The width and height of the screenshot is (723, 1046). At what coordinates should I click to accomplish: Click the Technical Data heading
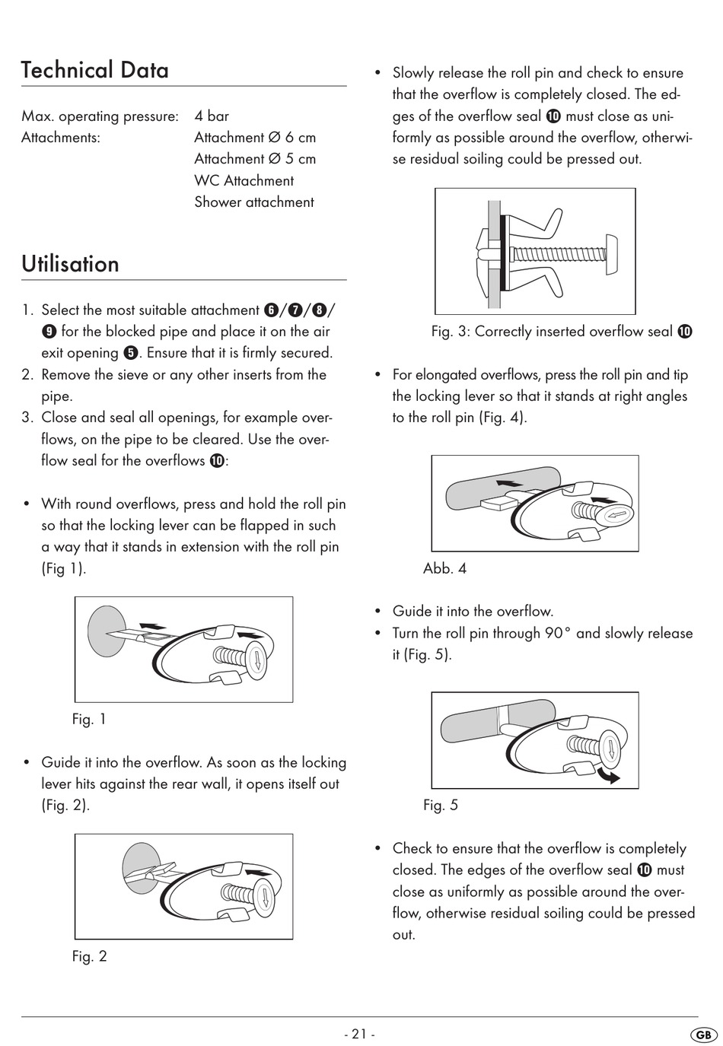pos(95,70)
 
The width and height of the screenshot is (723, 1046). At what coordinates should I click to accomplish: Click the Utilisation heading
pos(71,264)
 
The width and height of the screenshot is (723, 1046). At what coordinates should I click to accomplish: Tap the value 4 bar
pos(212,116)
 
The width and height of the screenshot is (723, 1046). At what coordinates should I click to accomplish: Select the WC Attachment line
pos(244,181)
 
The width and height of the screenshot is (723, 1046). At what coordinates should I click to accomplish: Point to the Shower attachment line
pos(253,202)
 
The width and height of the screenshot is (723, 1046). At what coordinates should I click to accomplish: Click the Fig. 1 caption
pos(89,719)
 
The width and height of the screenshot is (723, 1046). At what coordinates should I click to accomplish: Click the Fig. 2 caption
pos(89,956)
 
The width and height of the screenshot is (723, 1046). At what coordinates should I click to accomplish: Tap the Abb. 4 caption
pos(444,568)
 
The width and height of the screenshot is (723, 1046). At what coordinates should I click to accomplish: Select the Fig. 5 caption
pos(441,805)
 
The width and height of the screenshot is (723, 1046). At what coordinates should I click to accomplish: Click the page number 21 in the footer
pos(359,1034)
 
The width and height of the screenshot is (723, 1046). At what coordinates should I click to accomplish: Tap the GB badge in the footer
pos(703,1035)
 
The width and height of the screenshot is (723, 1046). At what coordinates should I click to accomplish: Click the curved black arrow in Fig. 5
pos(608,775)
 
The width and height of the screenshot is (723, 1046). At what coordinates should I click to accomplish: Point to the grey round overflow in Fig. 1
pos(104,631)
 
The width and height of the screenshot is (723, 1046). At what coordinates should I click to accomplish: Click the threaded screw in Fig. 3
pos(559,253)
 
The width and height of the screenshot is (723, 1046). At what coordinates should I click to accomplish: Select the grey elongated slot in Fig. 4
pos(495,487)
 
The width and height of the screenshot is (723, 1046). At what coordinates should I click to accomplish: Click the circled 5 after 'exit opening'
pos(130,353)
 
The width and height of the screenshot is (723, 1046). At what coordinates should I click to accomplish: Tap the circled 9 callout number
pos(49,332)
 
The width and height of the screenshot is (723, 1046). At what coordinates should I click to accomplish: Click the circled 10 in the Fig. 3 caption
pos(685,332)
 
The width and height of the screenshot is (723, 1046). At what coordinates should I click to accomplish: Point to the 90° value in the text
pos(556,633)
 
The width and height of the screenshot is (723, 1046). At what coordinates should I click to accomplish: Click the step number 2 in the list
pos(27,375)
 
